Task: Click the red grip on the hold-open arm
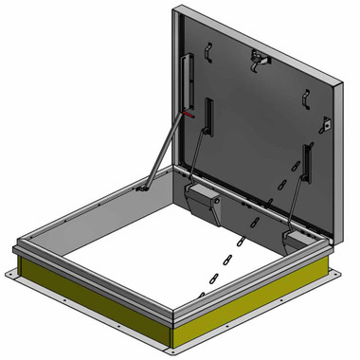(189, 115)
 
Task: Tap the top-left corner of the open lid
(177, 9)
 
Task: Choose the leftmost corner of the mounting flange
(9, 275)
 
